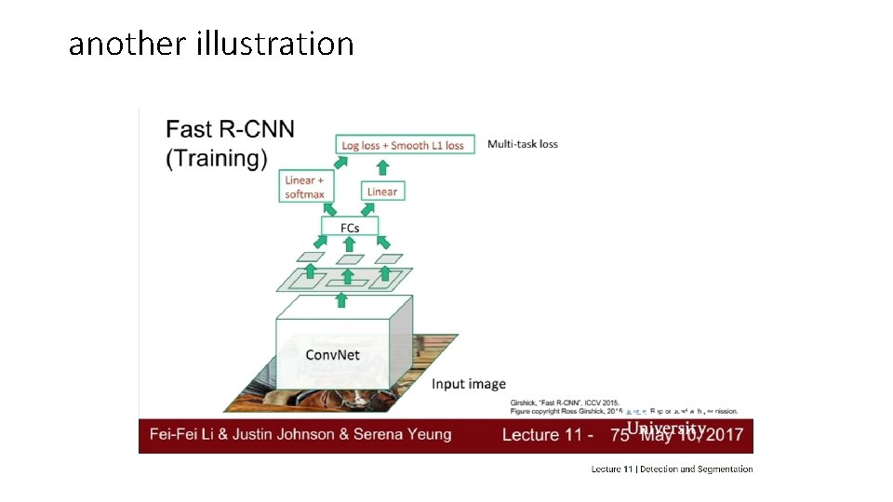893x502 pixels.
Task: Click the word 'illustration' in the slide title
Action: pos(275,44)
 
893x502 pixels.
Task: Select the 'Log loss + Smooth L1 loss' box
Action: pos(404,145)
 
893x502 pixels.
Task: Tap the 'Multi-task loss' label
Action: pos(523,144)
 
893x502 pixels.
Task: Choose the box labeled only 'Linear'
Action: pos(381,192)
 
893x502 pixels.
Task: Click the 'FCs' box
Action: pos(350,227)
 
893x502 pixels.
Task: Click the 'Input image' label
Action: pos(469,384)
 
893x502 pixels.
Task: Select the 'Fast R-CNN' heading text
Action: pos(231,129)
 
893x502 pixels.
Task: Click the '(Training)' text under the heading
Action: pos(217,158)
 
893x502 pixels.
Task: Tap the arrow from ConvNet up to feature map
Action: pos(341,299)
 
